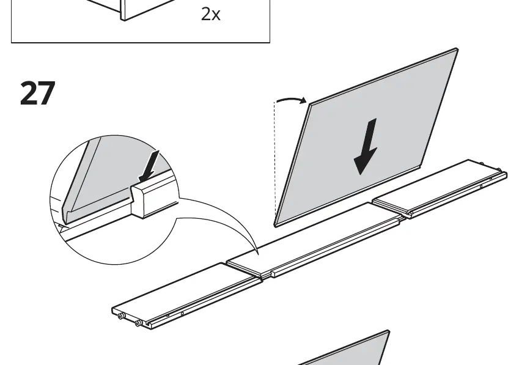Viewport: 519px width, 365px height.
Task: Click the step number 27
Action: click(37, 94)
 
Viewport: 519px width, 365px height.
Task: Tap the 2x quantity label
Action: click(210, 14)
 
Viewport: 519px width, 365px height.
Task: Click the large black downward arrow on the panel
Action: click(366, 146)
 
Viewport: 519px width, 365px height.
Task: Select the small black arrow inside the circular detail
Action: click(149, 166)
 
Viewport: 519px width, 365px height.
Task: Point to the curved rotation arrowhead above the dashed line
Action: click(303, 100)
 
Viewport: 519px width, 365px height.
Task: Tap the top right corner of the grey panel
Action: click(457, 50)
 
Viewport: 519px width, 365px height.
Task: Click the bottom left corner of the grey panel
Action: click(276, 225)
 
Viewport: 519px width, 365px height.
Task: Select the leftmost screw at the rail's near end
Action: click(121, 316)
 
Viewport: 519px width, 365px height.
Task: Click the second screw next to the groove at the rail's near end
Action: click(138, 323)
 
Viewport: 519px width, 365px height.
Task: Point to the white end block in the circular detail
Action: click(153, 199)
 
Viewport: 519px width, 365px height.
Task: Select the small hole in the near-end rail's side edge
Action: click(182, 314)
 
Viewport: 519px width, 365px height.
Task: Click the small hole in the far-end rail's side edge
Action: click(481, 187)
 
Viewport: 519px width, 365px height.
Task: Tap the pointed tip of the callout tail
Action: click(258, 254)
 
